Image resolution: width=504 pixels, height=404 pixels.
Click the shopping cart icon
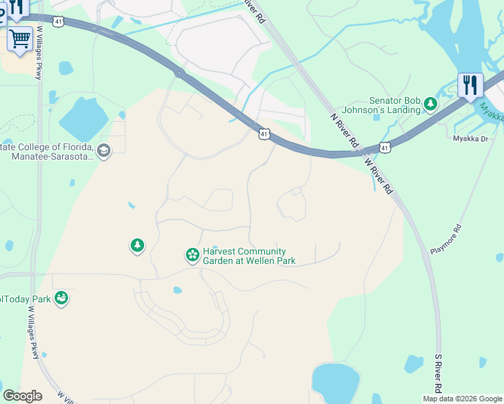tap(20, 38)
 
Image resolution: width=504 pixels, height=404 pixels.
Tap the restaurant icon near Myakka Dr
tap(470, 86)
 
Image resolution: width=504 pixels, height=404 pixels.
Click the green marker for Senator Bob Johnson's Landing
tap(430, 104)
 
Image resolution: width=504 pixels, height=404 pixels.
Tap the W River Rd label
tap(377, 176)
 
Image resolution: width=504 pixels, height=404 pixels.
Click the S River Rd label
tap(438, 374)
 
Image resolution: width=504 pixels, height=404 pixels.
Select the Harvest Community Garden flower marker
tap(192, 255)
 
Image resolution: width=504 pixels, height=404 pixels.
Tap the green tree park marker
tap(137, 246)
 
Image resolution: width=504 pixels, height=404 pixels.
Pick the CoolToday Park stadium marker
tap(61, 298)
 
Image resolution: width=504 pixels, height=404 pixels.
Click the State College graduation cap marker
tap(104, 150)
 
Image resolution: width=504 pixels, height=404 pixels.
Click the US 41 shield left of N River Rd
tap(263, 135)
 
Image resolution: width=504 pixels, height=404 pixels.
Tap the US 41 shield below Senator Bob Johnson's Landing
tap(384, 147)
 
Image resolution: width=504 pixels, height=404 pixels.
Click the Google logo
tap(22, 396)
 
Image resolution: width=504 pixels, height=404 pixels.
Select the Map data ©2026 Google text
tap(462, 399)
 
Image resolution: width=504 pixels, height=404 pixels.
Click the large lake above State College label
tap(83, 119)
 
